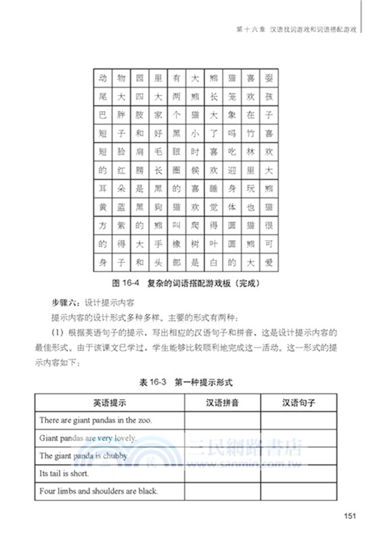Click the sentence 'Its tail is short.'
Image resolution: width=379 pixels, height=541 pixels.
pyautogui.click(x=66, y=473)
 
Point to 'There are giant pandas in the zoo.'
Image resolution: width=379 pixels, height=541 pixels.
pyautogui.click(x=95, y=420)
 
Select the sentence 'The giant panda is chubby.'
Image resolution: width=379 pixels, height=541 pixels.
pyautogui.click(x=83, y=456)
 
